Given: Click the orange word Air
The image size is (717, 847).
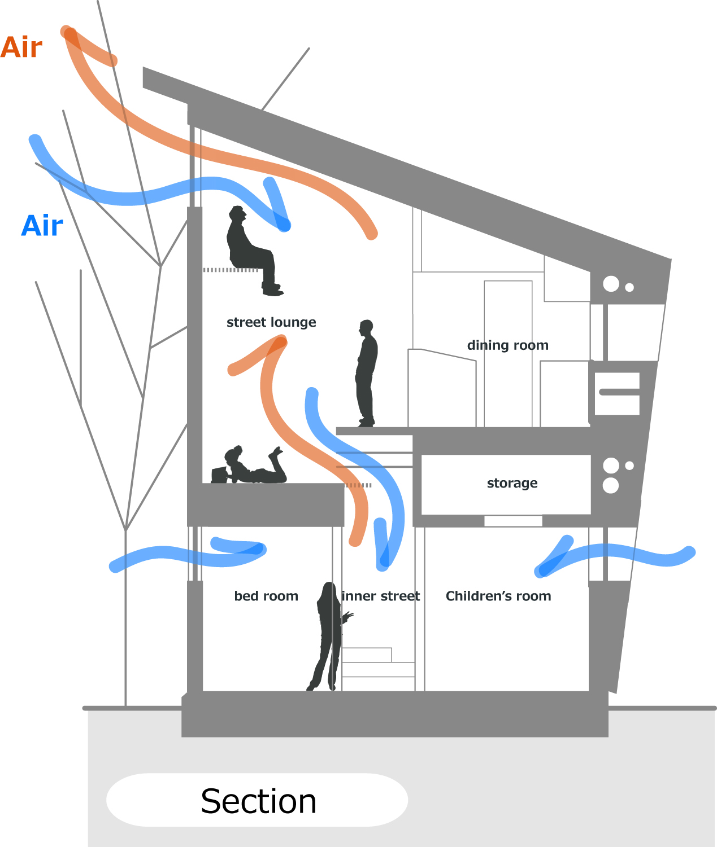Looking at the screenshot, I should pos(21,47).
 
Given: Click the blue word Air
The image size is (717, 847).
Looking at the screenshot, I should pos(42,226).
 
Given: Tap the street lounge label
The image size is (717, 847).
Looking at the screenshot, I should pos(271,322).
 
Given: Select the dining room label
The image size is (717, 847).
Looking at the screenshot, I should pos(507,345).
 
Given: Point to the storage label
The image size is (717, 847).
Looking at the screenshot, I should pos(512,483).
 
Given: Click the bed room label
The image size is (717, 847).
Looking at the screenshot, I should pos(266,596).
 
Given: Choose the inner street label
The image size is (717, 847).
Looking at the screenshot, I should pos(381,596).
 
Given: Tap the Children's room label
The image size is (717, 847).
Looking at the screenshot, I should pos(498,596).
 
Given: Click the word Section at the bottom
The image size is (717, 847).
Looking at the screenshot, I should pos(258,801).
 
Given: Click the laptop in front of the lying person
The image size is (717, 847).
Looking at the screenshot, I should pos(219,475).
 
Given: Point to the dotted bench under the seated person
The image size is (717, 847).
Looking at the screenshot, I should pos(229,270).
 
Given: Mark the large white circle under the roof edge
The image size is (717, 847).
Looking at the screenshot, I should pos(611,284).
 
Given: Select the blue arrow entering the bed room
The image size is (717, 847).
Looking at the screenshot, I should pos(186,556).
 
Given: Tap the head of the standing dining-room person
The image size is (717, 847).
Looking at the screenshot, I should pos(367,327).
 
